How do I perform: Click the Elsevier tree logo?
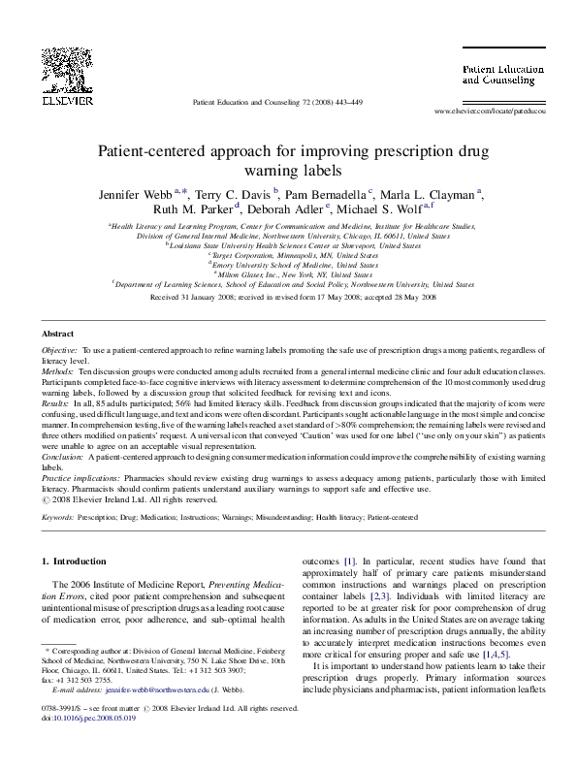[68, 64]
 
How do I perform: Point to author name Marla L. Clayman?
[429, 194]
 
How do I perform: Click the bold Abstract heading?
[60, 334]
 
